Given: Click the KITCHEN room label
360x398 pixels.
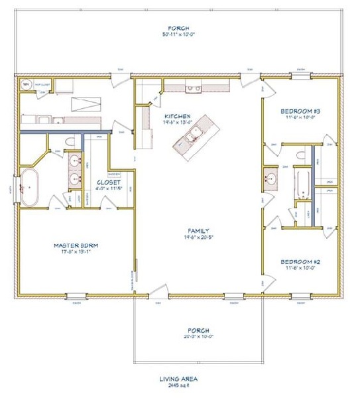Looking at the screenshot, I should [x=178, y=115].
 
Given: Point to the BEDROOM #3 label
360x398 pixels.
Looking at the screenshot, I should [x=300, y=111].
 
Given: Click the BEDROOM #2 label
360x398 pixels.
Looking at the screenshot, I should [x=300, y=261].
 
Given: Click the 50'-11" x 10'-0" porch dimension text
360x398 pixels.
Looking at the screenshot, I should [x=179, y=34].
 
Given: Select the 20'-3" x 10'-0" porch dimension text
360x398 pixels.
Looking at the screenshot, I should [x=198, y=336].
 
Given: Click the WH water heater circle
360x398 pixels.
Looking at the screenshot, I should [x=25, y=84].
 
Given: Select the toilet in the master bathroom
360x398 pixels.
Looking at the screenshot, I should [x=72, y=142].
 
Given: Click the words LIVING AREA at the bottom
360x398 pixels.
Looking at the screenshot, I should [x=179, y=379].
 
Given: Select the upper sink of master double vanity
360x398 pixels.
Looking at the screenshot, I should [x=74, y=162].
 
